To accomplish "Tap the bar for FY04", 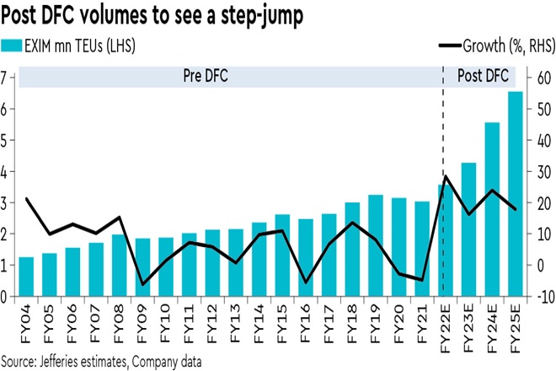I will (x=27, y=277).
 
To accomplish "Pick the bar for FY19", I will (x=377, y=245).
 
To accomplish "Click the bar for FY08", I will (x=120, y=266).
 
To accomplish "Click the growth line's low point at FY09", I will (x=143, y=284).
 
